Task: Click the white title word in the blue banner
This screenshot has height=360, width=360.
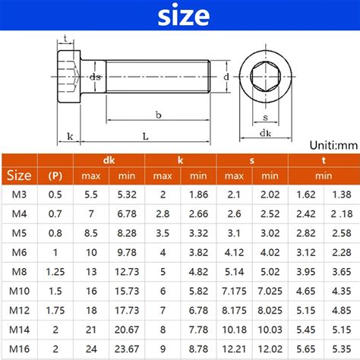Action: [180, 16]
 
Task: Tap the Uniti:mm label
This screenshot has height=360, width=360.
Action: [333, 144]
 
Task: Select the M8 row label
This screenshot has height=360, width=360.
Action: [19, 271]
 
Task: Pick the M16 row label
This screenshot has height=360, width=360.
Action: [19, 350]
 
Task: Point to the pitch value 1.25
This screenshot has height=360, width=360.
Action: [55, 271]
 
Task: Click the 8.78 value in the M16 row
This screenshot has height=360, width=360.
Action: [197, 350]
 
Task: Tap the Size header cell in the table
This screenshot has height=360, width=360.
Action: [19, 175]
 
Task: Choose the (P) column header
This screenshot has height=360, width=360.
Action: [55, 176]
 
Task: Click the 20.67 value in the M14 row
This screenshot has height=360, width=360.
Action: [126, 331]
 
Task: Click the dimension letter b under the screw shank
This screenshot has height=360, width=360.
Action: [157, 115]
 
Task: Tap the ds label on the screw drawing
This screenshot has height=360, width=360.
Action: [95, 77]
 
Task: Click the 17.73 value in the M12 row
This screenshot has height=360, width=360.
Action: [126, 311]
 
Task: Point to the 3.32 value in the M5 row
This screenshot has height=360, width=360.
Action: [197, 232]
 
